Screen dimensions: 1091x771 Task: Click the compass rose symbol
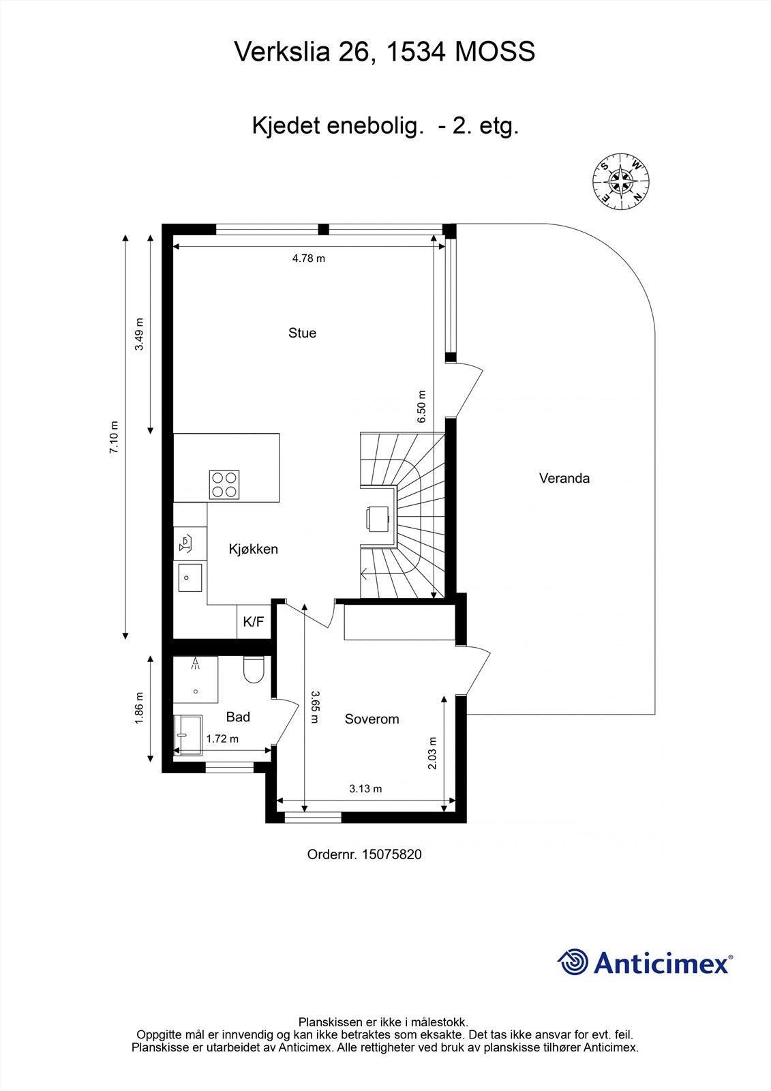pyautogui.click(x=620, y=181)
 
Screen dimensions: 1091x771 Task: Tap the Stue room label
pyautogui.click(x=302, y=333)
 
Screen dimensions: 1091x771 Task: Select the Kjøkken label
pyautogui.click(x=253, y=549)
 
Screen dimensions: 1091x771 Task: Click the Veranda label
pyautogui.click(x=564, y=478)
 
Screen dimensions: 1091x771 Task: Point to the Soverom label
pyautogui.click(x=372, y=719)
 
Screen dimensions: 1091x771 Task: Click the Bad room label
pyautogui.click(x=238, y=717)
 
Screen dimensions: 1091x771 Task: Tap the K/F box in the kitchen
pyautogui.click(x=254, y=622)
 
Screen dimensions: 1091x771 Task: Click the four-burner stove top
pyautogui.click(x=224, y=485)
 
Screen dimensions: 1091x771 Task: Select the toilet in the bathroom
pyautogui.click(x=254, y=670)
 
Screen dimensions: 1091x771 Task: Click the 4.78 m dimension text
pyautogui.click(x=308, y=258)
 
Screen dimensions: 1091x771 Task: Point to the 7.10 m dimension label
pyautogui.click(x=114, y=438)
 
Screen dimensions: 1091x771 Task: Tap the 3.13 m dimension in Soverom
pyautogui.click(x=365, y=788)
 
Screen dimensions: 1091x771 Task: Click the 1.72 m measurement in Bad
pyautogui.click(x=222, y=738)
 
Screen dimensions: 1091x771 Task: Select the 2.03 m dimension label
pyautogui.click(x=431, y=753)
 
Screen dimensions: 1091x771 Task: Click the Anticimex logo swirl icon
pyautogui.click(x=573, y=962)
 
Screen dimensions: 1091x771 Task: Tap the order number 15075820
pyautogui.click(x=392, y=854)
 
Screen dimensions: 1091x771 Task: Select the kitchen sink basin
pyautogui.click(x=190, y=578)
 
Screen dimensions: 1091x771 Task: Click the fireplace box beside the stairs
pyautogui.click(x=377, y=518)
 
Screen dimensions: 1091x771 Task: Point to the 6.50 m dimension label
pyautogui.click(x=421, y=406)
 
